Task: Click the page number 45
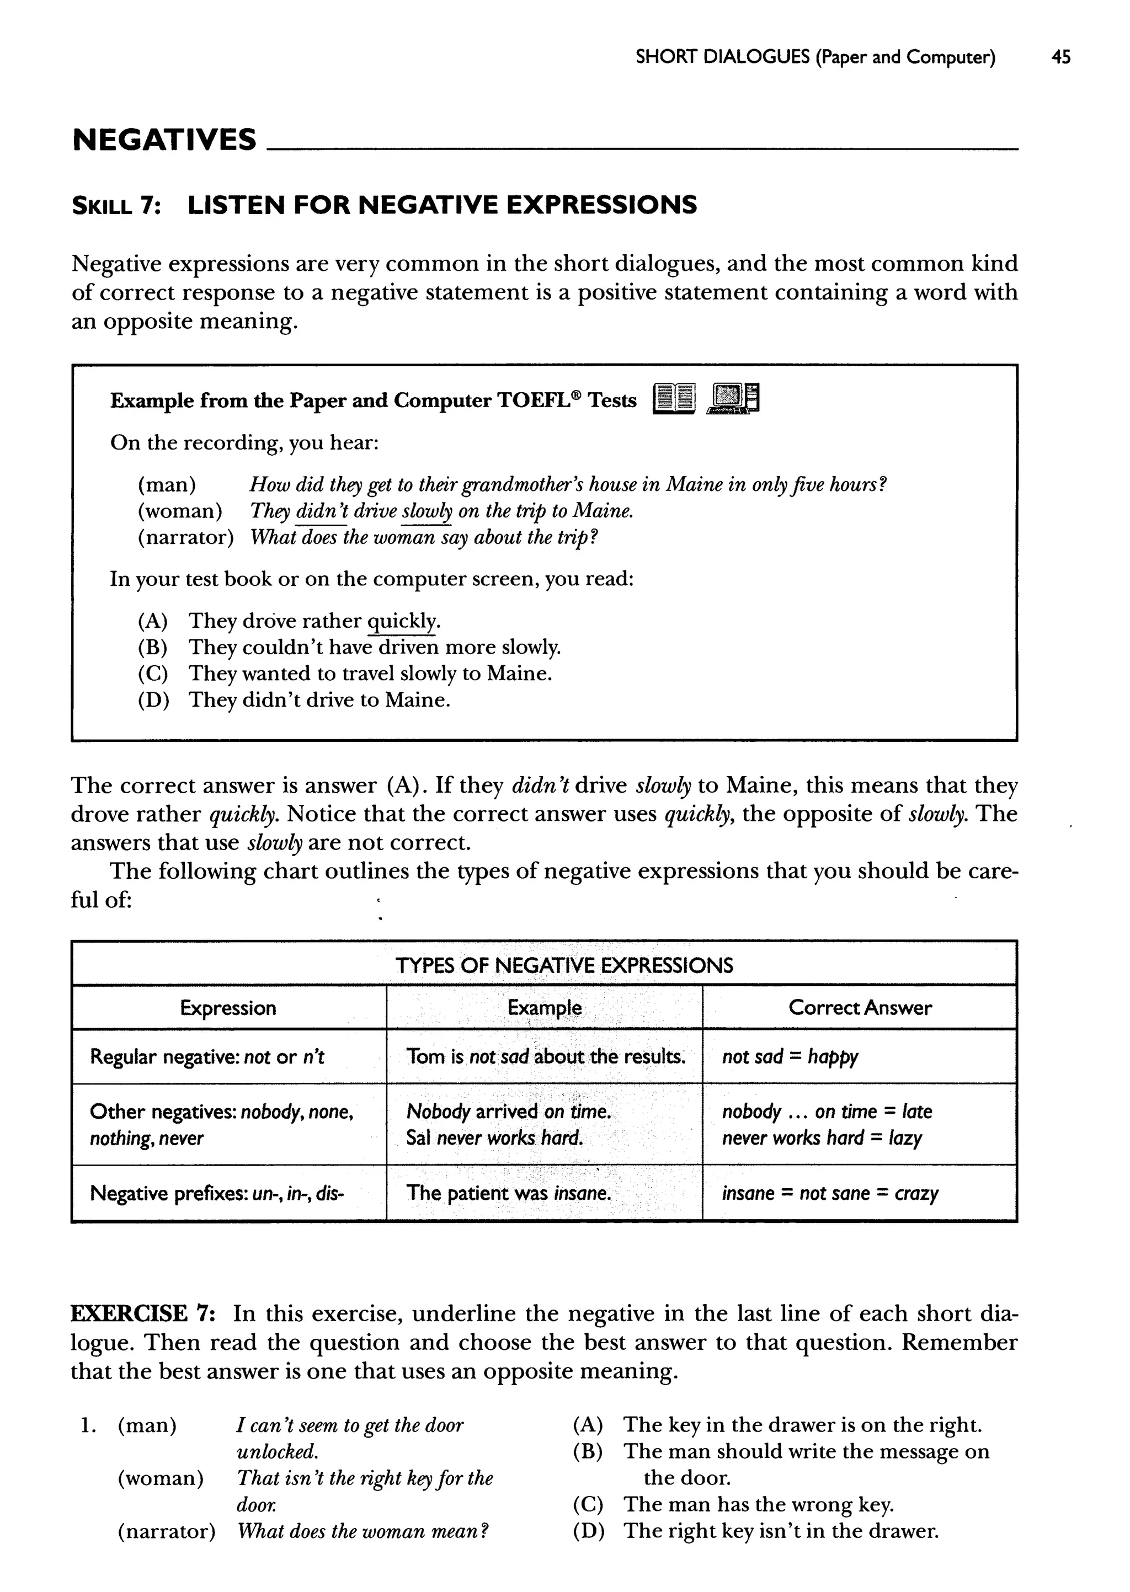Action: [1060, 57]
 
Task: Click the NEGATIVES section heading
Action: [164, 140]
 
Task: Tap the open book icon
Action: [674, 399]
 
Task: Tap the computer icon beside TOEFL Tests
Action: [733, 399]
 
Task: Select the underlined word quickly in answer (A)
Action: [402, 621]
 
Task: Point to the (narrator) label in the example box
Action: [185, 538]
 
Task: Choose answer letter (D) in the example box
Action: [153, 699]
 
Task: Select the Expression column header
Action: [228, 1008]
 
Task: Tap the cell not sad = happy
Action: [790, 1056]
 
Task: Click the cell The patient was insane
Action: [509, 1194]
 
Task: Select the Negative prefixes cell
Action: [216, 1194]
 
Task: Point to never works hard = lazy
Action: [821, 1138]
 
